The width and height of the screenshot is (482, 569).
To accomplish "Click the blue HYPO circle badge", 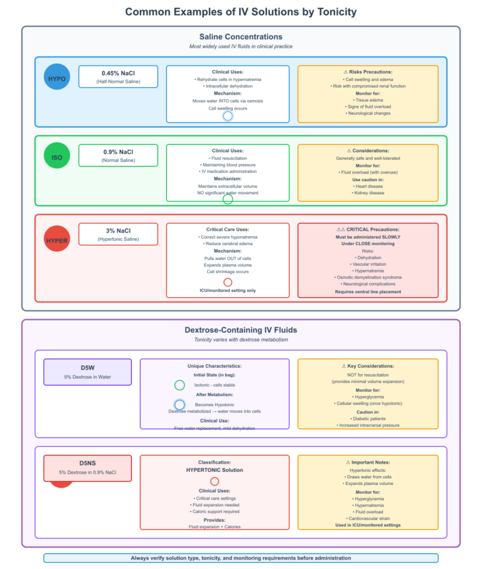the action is (x=57, y=77).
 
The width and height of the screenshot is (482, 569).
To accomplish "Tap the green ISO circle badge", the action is (x=57, y=155).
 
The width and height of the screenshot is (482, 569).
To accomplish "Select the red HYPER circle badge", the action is (x=57, y=239).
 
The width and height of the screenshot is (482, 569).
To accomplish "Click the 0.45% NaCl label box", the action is (x=118, y=76).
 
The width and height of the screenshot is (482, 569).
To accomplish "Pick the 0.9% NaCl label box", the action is (x=118, y=155).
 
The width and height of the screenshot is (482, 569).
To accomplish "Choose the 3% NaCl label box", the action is (x=118, y=234).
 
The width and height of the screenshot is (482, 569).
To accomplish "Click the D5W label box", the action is (x=88, y=372).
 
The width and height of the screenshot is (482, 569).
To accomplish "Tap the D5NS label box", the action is (x=88, y=468).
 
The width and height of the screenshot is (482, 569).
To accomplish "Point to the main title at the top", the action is (x=241, y=12).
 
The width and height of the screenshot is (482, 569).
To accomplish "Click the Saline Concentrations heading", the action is (x=240, y=36).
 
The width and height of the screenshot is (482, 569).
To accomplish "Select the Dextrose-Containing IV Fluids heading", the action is (x=240, y=330).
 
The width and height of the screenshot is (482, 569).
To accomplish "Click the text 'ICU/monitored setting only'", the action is (x=228, y=290).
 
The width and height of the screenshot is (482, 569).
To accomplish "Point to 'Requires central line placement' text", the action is (x=368, y=292).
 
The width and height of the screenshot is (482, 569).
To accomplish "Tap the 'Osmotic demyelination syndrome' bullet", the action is (x=368, y=277).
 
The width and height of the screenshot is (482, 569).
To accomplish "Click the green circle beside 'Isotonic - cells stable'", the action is (x=179, y=385).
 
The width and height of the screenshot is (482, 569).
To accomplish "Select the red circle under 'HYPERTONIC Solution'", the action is (x=215, y=481).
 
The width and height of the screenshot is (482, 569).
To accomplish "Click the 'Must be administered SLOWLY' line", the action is (x=368, y=237).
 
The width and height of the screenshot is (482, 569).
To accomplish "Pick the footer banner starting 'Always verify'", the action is (x=240, y=558).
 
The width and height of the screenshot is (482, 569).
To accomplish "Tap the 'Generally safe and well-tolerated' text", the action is (x=368, y=158).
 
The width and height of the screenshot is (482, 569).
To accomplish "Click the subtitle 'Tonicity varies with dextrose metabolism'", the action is (x=241, y=340).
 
